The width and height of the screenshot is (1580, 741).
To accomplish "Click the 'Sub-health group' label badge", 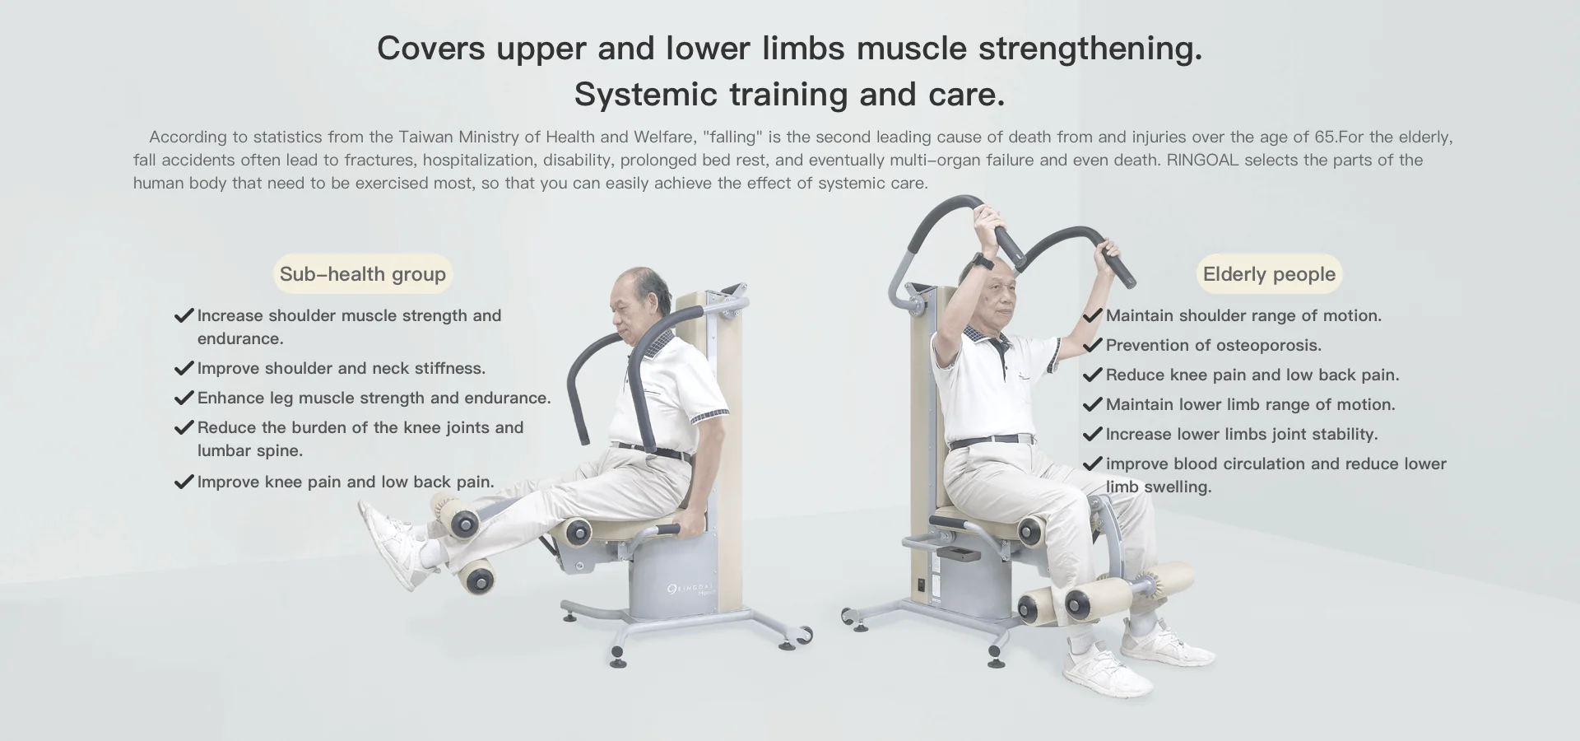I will (x=362, y=274).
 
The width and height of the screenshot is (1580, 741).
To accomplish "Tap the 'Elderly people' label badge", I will (x=1268, y=274).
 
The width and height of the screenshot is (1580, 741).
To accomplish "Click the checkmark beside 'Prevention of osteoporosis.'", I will (x=1092, y=346).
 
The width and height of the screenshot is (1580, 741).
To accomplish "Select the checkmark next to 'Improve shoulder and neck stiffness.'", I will (x=184, y=368).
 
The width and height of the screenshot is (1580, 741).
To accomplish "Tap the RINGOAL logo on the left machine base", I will (x=690, y=590).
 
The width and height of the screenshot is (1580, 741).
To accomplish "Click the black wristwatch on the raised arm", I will (x=981, y=262).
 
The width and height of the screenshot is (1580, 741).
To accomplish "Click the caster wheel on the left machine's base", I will (x=801, y=636).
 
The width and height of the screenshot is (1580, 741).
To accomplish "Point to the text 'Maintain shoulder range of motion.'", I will (x=1243, y=316).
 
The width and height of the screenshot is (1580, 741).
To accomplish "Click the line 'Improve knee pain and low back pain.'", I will (x=346, y=482).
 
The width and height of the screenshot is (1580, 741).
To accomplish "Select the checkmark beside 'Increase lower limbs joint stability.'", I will (x=1092, y=435).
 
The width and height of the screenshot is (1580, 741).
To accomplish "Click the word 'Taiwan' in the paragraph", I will (x=425, y=137).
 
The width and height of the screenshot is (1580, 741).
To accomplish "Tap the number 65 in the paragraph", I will (x=1325, y=137).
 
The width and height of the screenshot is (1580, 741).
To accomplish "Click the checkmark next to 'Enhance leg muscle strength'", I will (x=184, y=398).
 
